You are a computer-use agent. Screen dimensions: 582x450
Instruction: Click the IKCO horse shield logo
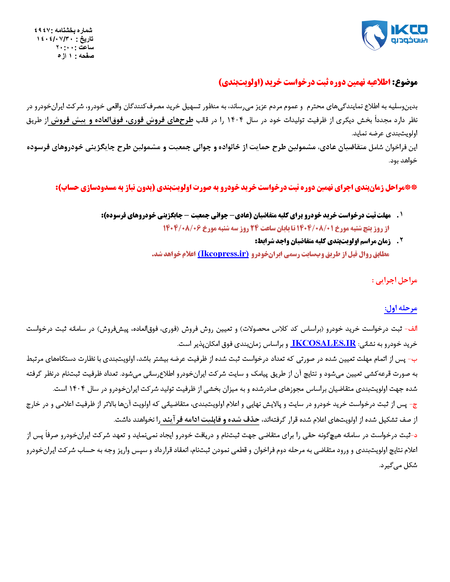coord(374,35)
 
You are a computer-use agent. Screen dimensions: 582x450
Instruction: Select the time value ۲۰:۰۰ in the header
coord(64,47)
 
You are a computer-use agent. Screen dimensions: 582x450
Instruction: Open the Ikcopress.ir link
coord(223,254)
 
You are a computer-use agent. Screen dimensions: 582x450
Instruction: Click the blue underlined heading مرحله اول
coord(401,308)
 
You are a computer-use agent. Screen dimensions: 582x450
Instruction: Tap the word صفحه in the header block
coord(86,56)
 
